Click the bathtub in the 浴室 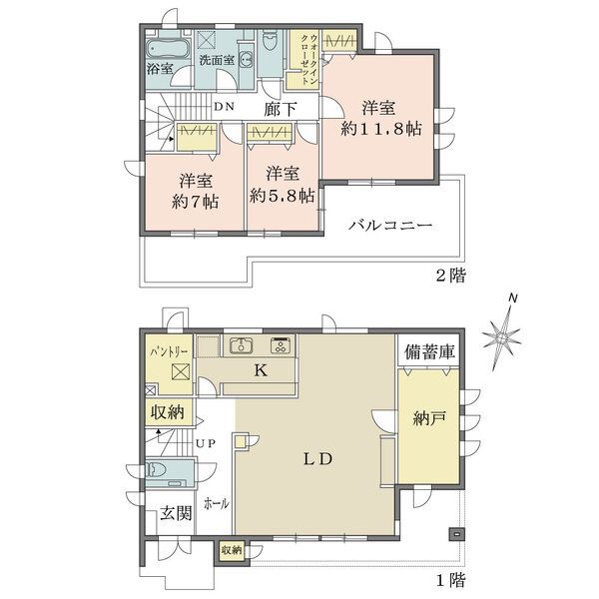pos(168,49)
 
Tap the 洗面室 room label pos(217,60)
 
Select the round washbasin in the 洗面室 pos(247,60)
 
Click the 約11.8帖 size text pos(381,129)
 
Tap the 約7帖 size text pos(195,201)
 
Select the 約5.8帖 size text pos(283,196)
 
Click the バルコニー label pos(390,225)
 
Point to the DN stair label pos(224,107)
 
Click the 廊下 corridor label pos(280,109)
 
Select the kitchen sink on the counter pos(241,345)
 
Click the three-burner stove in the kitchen pos(282,345)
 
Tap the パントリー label pos(169,351)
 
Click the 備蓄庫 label pos(429,351)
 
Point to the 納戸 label pos(429,419)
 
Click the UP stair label pos(206,443)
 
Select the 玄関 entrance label pos(176,513)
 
